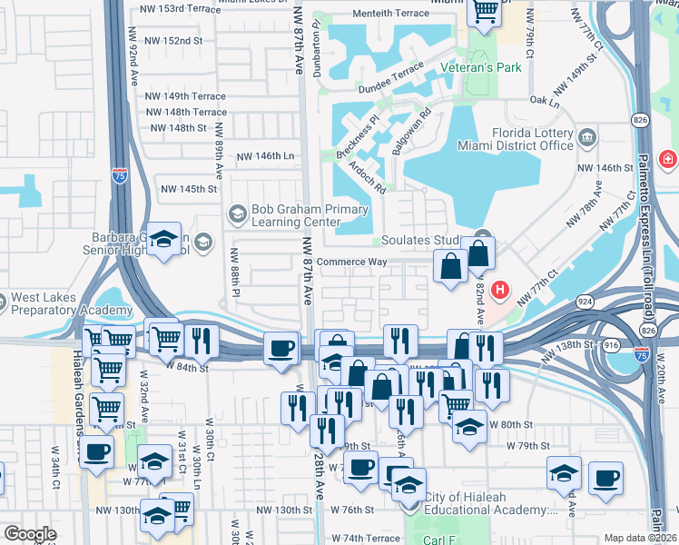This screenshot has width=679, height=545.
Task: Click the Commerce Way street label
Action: click(x=354, y=262)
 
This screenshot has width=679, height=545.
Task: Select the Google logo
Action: click(x=30, y=534)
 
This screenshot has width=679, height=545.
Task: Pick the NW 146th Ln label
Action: click(x=266, y=156)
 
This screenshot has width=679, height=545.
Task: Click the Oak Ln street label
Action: click(x=543, y=101)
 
